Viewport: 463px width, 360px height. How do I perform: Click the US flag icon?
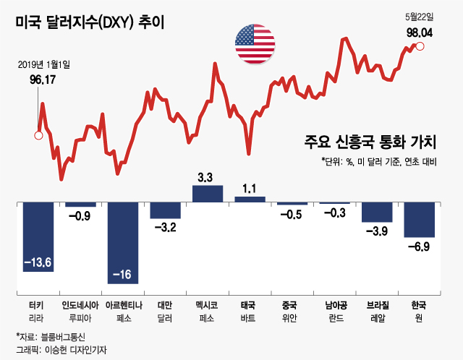coord(255,44)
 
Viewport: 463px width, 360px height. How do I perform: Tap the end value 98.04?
coord(420,32)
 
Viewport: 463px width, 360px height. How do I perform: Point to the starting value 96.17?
coord(43,80)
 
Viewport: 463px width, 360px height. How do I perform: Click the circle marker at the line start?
coord(39,134)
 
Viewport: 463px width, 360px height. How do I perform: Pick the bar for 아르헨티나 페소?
coord(123,242)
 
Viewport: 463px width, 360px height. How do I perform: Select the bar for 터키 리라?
coord(38,236)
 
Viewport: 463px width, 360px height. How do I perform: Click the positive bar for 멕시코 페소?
coord(208,194)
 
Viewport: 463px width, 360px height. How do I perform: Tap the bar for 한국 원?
coord(420,219)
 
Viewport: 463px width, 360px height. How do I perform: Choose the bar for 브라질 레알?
coord(377,212)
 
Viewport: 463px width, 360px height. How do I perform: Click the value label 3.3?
coord(205,177)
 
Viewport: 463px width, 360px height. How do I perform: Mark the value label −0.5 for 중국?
coord(291,214)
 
